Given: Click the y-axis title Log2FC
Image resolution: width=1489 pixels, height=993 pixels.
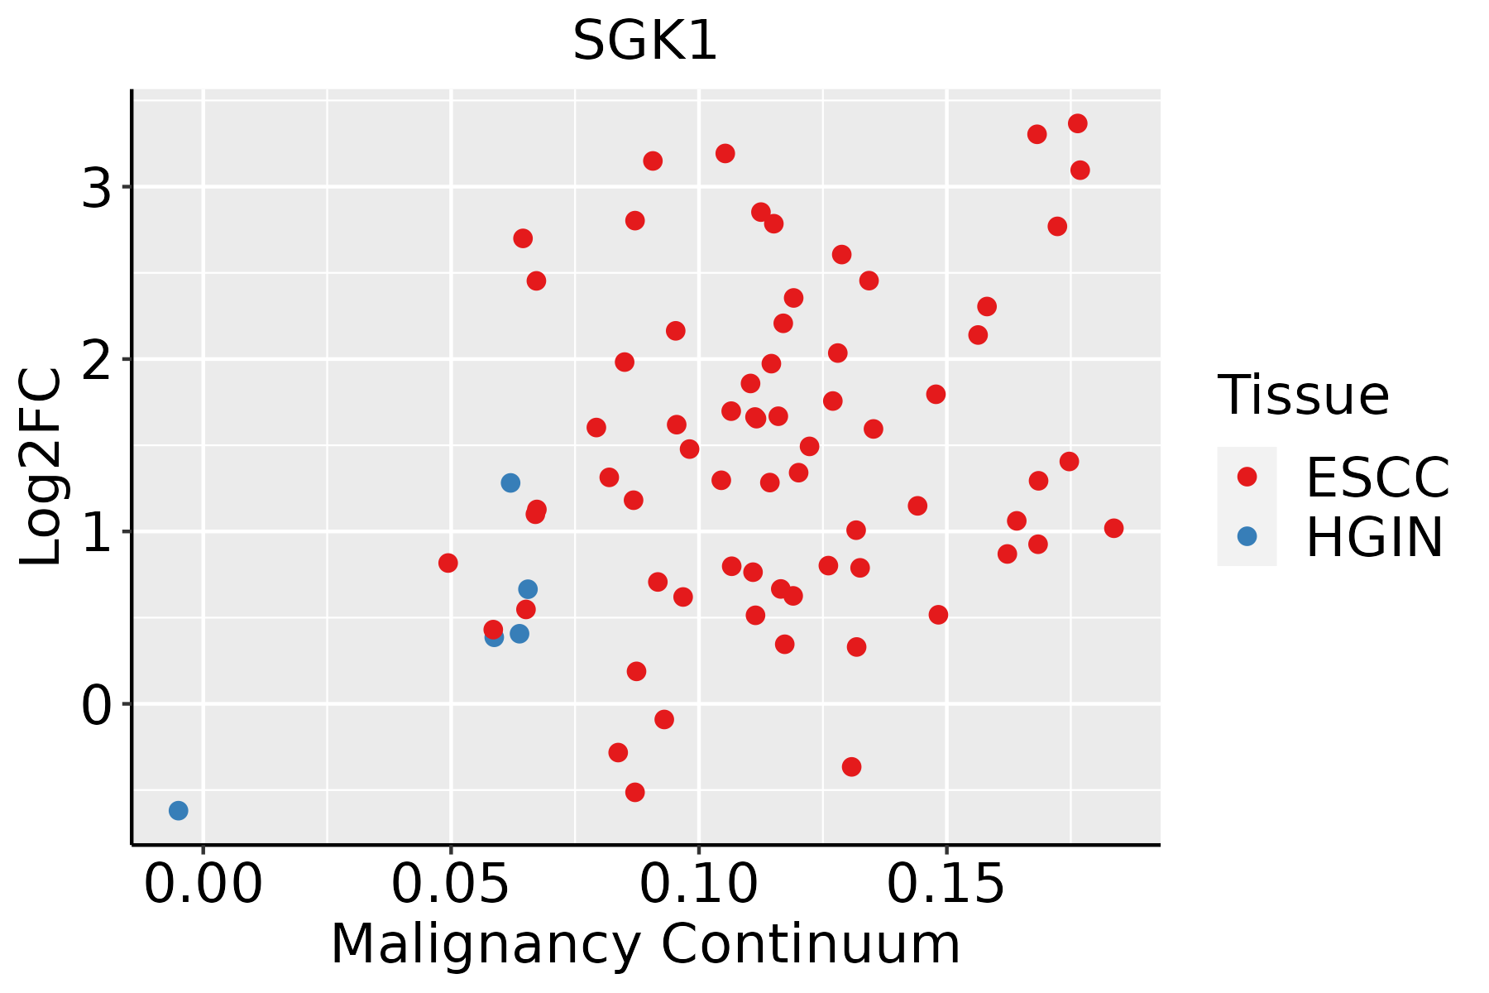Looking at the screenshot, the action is (x=41, y=468).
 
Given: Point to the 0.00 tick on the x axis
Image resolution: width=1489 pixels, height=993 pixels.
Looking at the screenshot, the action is (x=203, y=885).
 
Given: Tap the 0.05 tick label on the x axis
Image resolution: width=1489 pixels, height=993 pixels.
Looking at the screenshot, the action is (x=451, y=885).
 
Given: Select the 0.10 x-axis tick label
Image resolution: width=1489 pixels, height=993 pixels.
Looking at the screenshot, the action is (x=699, y=885).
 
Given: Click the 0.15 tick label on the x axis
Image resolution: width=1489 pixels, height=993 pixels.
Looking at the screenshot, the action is (x=946, y=885).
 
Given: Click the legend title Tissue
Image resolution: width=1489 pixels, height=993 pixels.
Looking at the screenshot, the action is (x=1304, y=396).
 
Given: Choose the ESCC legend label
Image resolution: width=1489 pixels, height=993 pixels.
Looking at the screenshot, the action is (x=1377, y=477).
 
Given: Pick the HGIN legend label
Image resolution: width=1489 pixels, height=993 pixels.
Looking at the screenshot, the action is (x=1375, y=537).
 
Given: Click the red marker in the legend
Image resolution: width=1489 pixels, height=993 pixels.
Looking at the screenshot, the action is (x=1247, y=477).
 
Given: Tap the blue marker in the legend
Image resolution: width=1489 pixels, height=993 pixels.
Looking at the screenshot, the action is (x=1247, y=536).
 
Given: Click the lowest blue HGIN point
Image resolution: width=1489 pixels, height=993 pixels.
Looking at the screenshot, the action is (x=179, y=810).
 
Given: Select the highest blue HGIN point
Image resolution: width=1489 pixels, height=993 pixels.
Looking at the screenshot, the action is (x=510, y=482).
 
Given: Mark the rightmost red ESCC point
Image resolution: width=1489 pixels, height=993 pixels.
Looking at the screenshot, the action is (x=1113, y=528).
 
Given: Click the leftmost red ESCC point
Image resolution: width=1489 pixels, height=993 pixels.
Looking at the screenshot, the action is (x=448, y=563).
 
